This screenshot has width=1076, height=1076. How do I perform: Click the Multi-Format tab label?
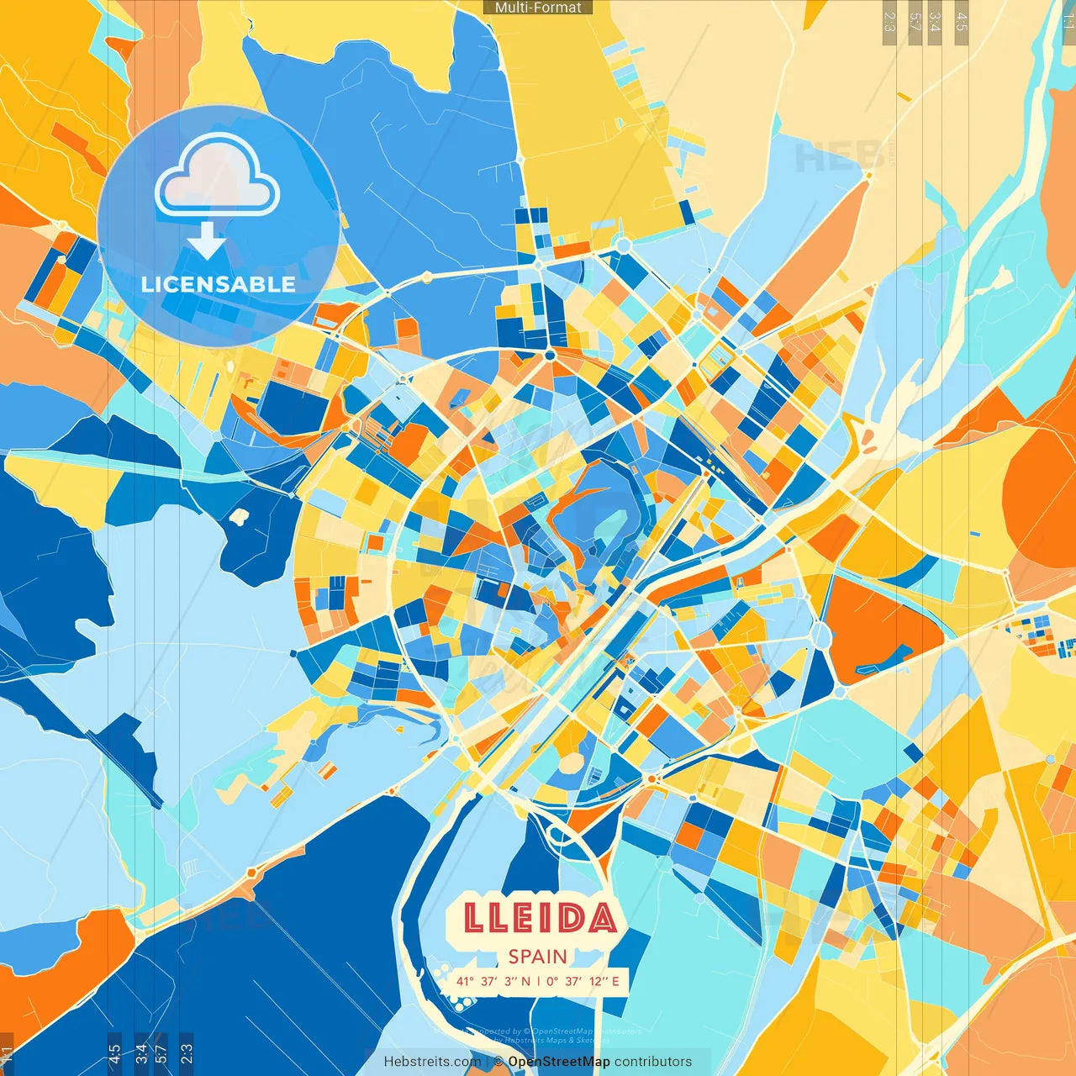coord(538,8)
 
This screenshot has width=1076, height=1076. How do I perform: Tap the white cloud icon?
coord(218,175)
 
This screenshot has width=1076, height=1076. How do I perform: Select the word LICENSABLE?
coord(219,284)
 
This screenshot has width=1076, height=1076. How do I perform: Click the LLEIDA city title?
coord(539,919)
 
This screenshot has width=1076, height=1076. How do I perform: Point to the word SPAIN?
coord(538,957)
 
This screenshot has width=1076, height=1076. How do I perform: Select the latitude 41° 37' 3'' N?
coord(493,981)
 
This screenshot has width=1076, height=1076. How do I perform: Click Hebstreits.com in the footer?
coord(432,1062)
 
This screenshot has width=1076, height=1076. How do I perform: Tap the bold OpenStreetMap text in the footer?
coord(559,1062)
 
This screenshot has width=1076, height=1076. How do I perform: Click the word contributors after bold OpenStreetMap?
coord(653,1062)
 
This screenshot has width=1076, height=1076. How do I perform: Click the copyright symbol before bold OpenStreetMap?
coord(498,1062)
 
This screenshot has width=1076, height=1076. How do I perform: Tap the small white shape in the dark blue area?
coord(240,515)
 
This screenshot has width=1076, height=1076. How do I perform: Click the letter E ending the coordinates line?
coord(615,981)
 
